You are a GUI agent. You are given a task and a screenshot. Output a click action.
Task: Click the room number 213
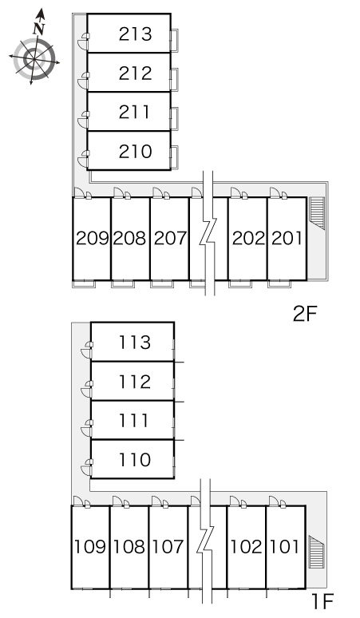click(135, 34)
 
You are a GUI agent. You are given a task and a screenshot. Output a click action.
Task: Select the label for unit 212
click(135, 73)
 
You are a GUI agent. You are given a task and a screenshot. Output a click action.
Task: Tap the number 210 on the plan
click(135, 152)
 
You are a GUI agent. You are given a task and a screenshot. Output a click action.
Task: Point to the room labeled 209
click(92, 239)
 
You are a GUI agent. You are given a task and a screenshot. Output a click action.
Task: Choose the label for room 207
click(170, 239)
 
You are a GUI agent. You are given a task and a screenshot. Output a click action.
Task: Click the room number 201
click(287, 239)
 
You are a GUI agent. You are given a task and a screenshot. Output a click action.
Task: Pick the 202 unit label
click(248, 239)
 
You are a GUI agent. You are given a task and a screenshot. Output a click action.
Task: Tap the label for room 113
click(135, 343)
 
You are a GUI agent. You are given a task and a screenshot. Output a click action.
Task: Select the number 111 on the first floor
click(134, 421)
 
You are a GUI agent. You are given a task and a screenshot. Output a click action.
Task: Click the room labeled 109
click(90, 547)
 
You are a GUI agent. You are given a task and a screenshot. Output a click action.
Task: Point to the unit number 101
click(284, 547)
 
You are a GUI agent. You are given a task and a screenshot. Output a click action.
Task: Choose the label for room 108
click(129, 547)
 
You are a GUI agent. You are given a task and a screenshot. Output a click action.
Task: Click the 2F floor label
click(305, 314)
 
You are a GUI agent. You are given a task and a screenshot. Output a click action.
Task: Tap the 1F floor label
click(322, 601)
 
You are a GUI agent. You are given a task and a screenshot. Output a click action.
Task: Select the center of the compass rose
click(34, 60)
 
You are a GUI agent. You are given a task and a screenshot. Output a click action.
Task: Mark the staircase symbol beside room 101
click(316, 553)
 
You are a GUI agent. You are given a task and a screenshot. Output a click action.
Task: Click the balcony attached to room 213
click(175, 40)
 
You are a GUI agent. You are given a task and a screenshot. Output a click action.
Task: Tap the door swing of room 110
click(86, 467)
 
